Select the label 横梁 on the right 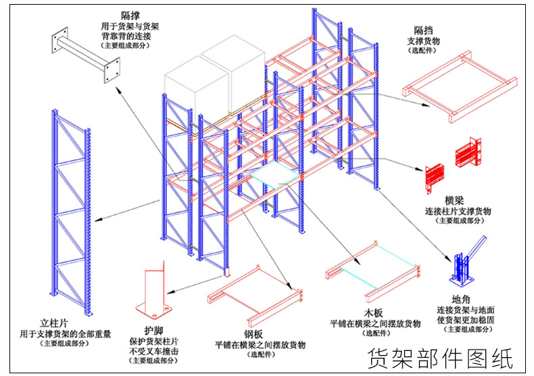click(x=454, y=201)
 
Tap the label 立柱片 click(x=55, y=323)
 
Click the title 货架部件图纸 click(x=440, y=357)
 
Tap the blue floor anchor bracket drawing click(x=463, y=264)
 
